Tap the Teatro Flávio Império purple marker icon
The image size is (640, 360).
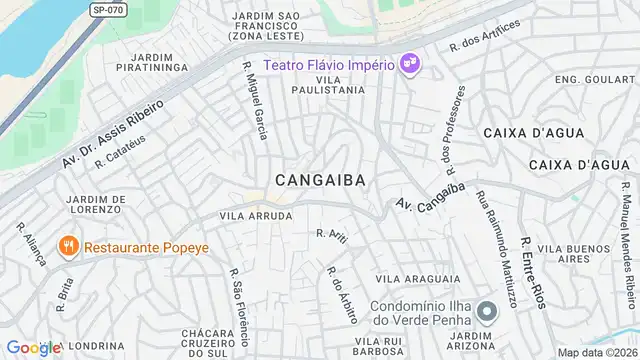pos(409,65)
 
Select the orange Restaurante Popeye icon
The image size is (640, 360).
pos(67,245)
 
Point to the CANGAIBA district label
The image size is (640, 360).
pos(319,180)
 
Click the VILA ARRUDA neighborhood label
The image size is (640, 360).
pos(256,215)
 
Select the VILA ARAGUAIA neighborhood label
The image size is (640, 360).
pos(418,279)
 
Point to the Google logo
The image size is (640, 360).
pos(34,347)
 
